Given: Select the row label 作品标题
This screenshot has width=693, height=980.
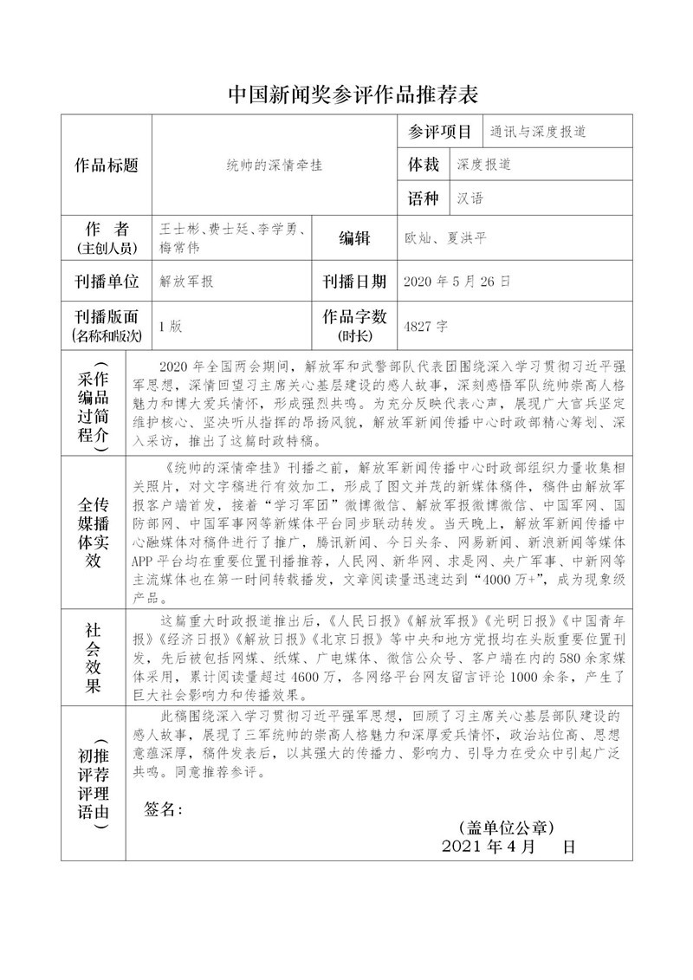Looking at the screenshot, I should (107, 165).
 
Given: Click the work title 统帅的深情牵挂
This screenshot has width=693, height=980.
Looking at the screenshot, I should (274, 165).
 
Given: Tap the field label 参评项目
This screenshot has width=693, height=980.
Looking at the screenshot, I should (439, 133).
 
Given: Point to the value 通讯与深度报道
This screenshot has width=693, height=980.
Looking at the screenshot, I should (538, 133).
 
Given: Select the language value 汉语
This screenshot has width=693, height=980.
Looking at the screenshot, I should (470, 198).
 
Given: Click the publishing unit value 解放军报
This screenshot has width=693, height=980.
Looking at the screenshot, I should (187, 282).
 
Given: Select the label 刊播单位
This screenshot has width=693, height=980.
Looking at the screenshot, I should (107, 282).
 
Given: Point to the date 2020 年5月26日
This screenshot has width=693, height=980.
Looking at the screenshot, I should (457, 282).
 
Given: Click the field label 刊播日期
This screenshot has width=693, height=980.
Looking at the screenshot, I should (354, 282).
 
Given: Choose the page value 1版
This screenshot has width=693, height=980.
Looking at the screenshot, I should (170, 327).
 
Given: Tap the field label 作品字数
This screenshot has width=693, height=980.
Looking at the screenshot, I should (354, 317).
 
